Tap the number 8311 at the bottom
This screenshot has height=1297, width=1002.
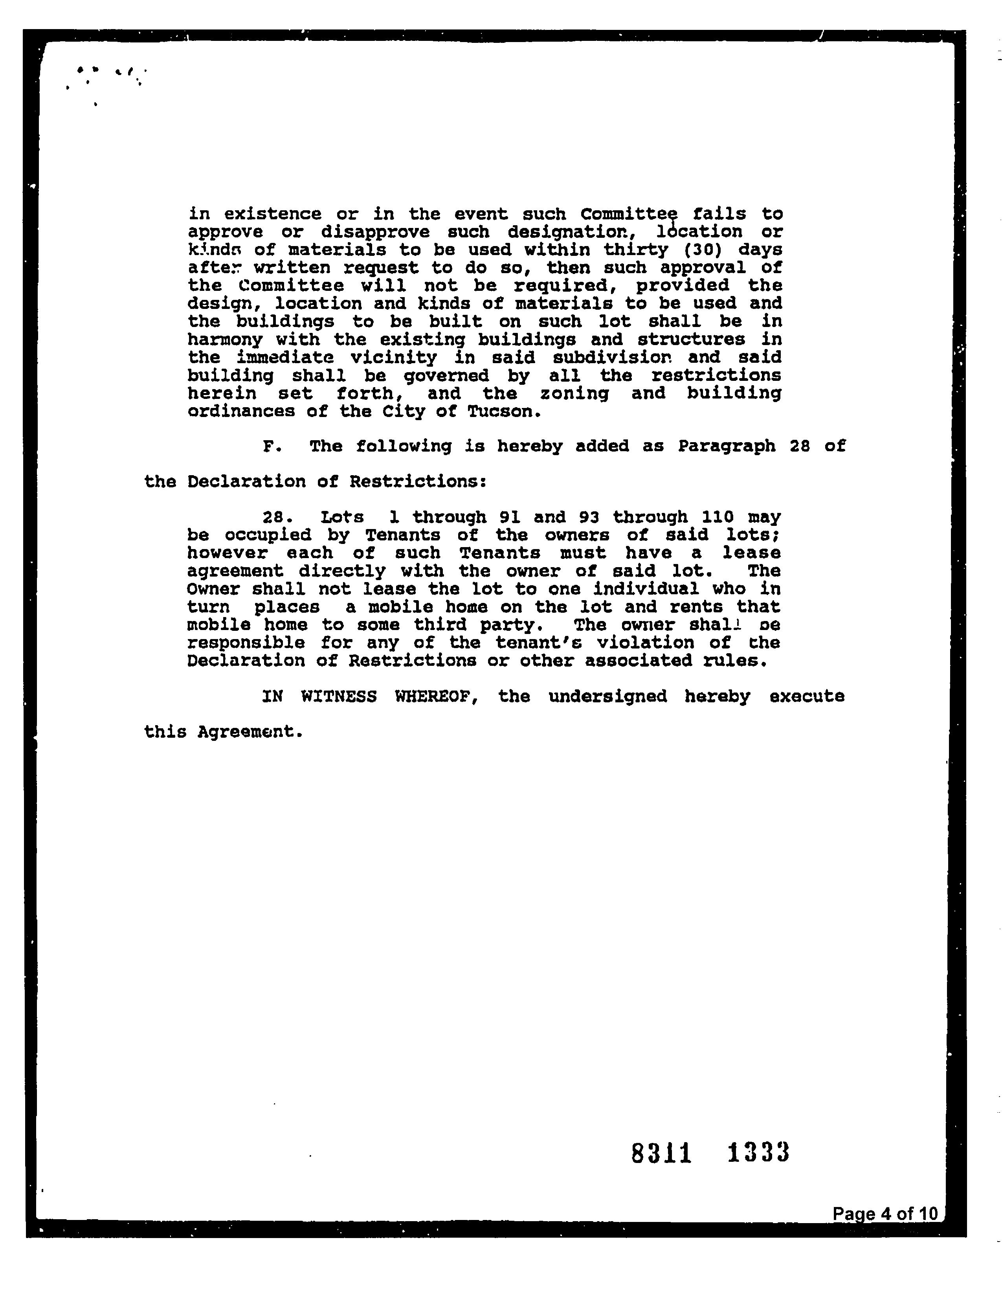[x=661, y=1153]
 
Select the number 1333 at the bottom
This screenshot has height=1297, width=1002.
[x=758, y=1153]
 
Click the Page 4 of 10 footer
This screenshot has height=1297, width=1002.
[x=885, y=1213]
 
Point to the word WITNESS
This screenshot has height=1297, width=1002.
[x=338, y=696]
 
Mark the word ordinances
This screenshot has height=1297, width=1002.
[x=241, y=412]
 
